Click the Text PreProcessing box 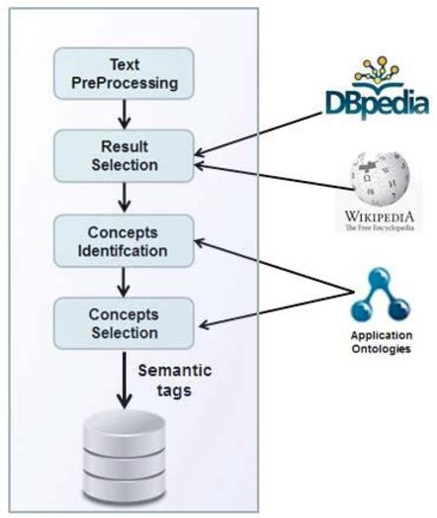pyautogui.click(x=124, y=72)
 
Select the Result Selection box pyautogui.click(x=124, y=153)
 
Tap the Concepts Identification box pyautogui.click(x=124, y=237)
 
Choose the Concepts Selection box pyautogui.click(x=124, y=321)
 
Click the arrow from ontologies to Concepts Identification pyautogui.click(x=277, y=265)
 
